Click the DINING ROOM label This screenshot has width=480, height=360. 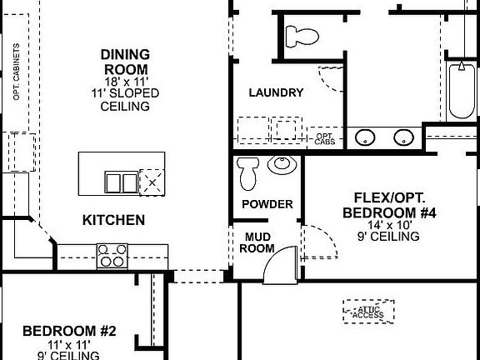coord(125,61)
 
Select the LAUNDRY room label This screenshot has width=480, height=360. coord(276,92)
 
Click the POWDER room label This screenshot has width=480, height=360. coord(267,204)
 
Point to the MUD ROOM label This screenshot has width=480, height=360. coord(257,242)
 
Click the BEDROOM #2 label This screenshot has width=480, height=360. coord(69,331)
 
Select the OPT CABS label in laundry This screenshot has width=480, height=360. coord(323,137)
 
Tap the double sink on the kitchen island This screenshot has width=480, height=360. coord(121,182)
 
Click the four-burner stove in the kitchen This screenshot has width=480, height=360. coord(112,255)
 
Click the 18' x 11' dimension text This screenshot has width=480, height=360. coord(125,83)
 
